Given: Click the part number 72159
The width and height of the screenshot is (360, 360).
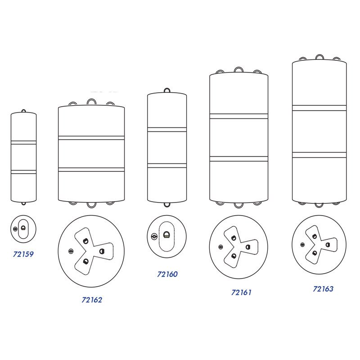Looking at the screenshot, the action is [x=23, y=254].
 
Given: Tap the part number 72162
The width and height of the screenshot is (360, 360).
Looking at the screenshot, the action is [x=92, y=300].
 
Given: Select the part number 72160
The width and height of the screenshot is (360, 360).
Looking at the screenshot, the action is [x=167, y=274].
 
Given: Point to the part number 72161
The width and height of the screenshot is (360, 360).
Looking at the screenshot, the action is [x=241, y=292].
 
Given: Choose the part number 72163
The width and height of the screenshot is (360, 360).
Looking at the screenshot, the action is [x=323, y=289].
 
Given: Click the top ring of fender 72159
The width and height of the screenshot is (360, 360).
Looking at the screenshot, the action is [x=23, y=110].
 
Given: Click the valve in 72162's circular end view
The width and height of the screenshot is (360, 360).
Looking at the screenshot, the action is [x=71, y=252].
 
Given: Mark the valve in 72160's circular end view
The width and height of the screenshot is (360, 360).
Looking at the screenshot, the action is [x=154, y=236].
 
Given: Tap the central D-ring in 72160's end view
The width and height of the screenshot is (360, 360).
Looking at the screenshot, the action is [x=166, y=235].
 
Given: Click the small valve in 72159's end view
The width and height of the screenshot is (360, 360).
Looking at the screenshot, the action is [x=15, y=229].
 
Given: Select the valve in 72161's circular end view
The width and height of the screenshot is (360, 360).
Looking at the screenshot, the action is [x=220, y=247].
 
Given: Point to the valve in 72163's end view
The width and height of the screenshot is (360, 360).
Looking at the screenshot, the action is [x=302, y=245].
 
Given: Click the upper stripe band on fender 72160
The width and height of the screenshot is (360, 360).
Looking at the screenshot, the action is [x=167, y=130].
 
